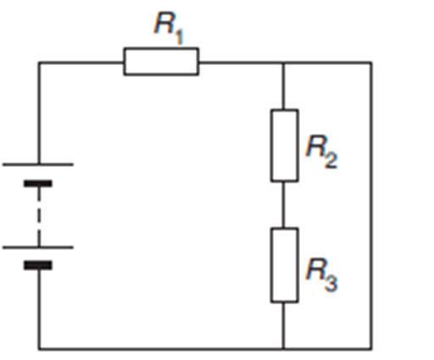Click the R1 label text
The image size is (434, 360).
pos(169,28)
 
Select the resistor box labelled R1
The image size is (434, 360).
pos(161,62)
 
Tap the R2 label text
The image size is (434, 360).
pos(321,152)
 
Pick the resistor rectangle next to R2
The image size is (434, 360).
pos(284,146)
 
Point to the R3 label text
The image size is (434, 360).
pos(321,274)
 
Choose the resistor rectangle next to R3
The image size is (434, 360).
pos(284,265)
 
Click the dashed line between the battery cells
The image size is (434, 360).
pos(39,216)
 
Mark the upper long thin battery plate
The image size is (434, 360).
pos(38,164)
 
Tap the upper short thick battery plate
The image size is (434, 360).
pos(38,184)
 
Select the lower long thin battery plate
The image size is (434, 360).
pos(38,247)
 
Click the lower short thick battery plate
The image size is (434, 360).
pos(38,265)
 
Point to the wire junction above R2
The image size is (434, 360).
pos(284,63)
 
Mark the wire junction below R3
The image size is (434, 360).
pos(284,349)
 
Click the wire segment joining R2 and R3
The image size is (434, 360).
pos(284,205)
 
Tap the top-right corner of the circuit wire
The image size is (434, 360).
pos(371,63)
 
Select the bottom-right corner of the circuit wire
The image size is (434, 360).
pos(371,349)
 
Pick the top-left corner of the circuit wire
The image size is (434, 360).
pos(39,63)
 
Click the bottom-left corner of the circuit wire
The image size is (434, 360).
pos(39,349)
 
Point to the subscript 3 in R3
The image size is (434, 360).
pos(331,283)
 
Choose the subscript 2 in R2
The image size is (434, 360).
pos(331,161)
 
